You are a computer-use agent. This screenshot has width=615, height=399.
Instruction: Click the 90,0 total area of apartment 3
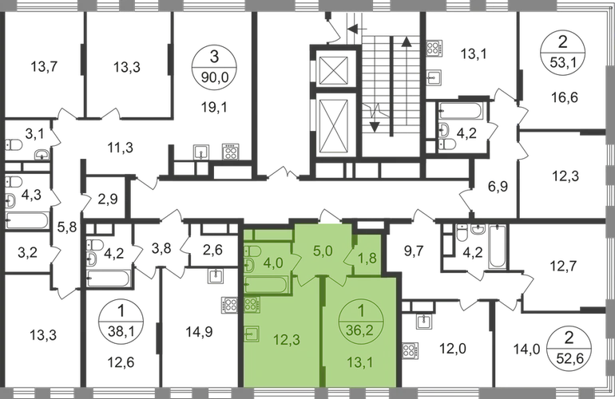[214, 77]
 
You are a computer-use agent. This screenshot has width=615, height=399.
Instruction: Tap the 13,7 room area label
[44, 66]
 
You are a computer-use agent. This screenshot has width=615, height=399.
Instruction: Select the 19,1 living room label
[214, 107]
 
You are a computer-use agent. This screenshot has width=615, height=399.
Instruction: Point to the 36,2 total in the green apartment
[359, 330]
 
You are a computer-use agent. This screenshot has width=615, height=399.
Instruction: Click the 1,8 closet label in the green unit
[367, 259]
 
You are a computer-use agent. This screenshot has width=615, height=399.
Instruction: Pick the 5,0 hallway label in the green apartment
[323, 251]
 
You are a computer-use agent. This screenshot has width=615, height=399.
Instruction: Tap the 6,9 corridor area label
[498, 187]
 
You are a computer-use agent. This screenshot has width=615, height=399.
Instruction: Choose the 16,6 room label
[565, 97]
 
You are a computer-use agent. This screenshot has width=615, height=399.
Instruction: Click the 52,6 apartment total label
[569, 358]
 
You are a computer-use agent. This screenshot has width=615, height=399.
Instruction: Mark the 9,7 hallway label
[414, 251]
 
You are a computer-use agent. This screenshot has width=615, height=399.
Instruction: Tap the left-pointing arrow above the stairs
[357, 28]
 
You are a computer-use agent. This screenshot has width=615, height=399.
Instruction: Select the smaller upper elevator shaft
[334, 70]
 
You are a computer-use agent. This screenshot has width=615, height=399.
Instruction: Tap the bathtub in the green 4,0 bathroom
[266, 285]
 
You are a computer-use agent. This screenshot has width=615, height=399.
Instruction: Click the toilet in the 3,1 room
[14, 145]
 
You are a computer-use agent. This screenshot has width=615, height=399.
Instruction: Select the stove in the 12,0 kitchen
[410, 351]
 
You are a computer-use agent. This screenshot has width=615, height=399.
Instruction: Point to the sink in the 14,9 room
[216, 276]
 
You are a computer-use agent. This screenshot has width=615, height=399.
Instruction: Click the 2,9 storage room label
[108, 199]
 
